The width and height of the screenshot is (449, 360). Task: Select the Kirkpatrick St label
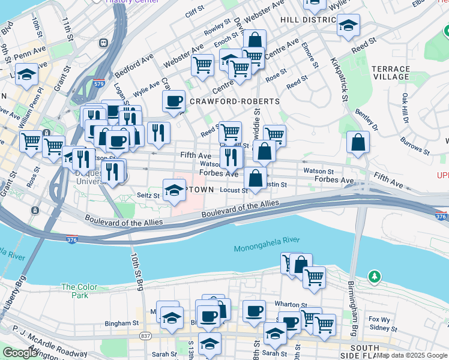point(339,79)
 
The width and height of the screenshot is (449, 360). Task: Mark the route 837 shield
point(145,336)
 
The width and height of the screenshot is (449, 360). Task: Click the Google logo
point(20,353)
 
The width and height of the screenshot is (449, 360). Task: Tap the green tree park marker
point(375,277)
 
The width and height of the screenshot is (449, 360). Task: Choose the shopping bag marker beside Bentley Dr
point(358,143)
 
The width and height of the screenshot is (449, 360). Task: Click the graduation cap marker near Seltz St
point(175,190)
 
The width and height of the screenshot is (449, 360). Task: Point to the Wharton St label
point(291,305)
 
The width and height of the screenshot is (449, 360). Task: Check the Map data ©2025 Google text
point(412,355)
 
